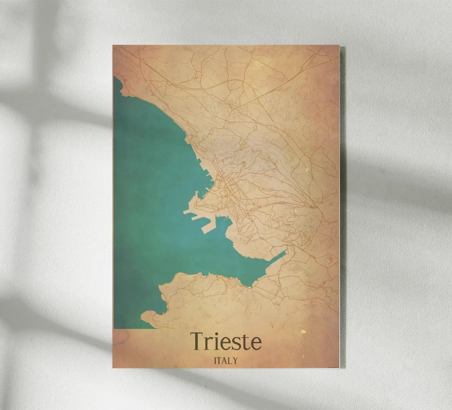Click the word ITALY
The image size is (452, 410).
[226, 360]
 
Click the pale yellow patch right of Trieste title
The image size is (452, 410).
[303, 331]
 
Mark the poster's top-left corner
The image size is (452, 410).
[113, 45]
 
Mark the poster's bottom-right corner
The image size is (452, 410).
[340, 368]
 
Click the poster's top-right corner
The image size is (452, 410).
[340, 45]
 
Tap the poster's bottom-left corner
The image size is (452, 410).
[113, 368]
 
